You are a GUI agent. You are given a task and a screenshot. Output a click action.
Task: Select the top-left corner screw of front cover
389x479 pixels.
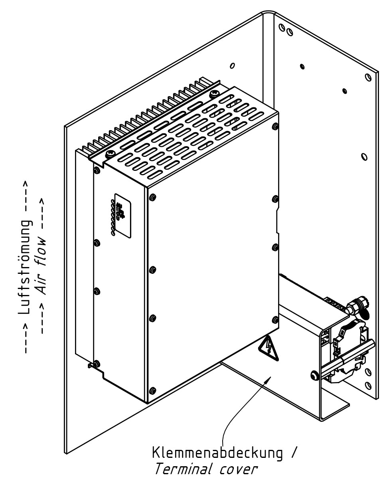tap(152, 197)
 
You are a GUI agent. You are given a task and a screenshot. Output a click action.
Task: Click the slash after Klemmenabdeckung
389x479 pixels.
tap(294, 453)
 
